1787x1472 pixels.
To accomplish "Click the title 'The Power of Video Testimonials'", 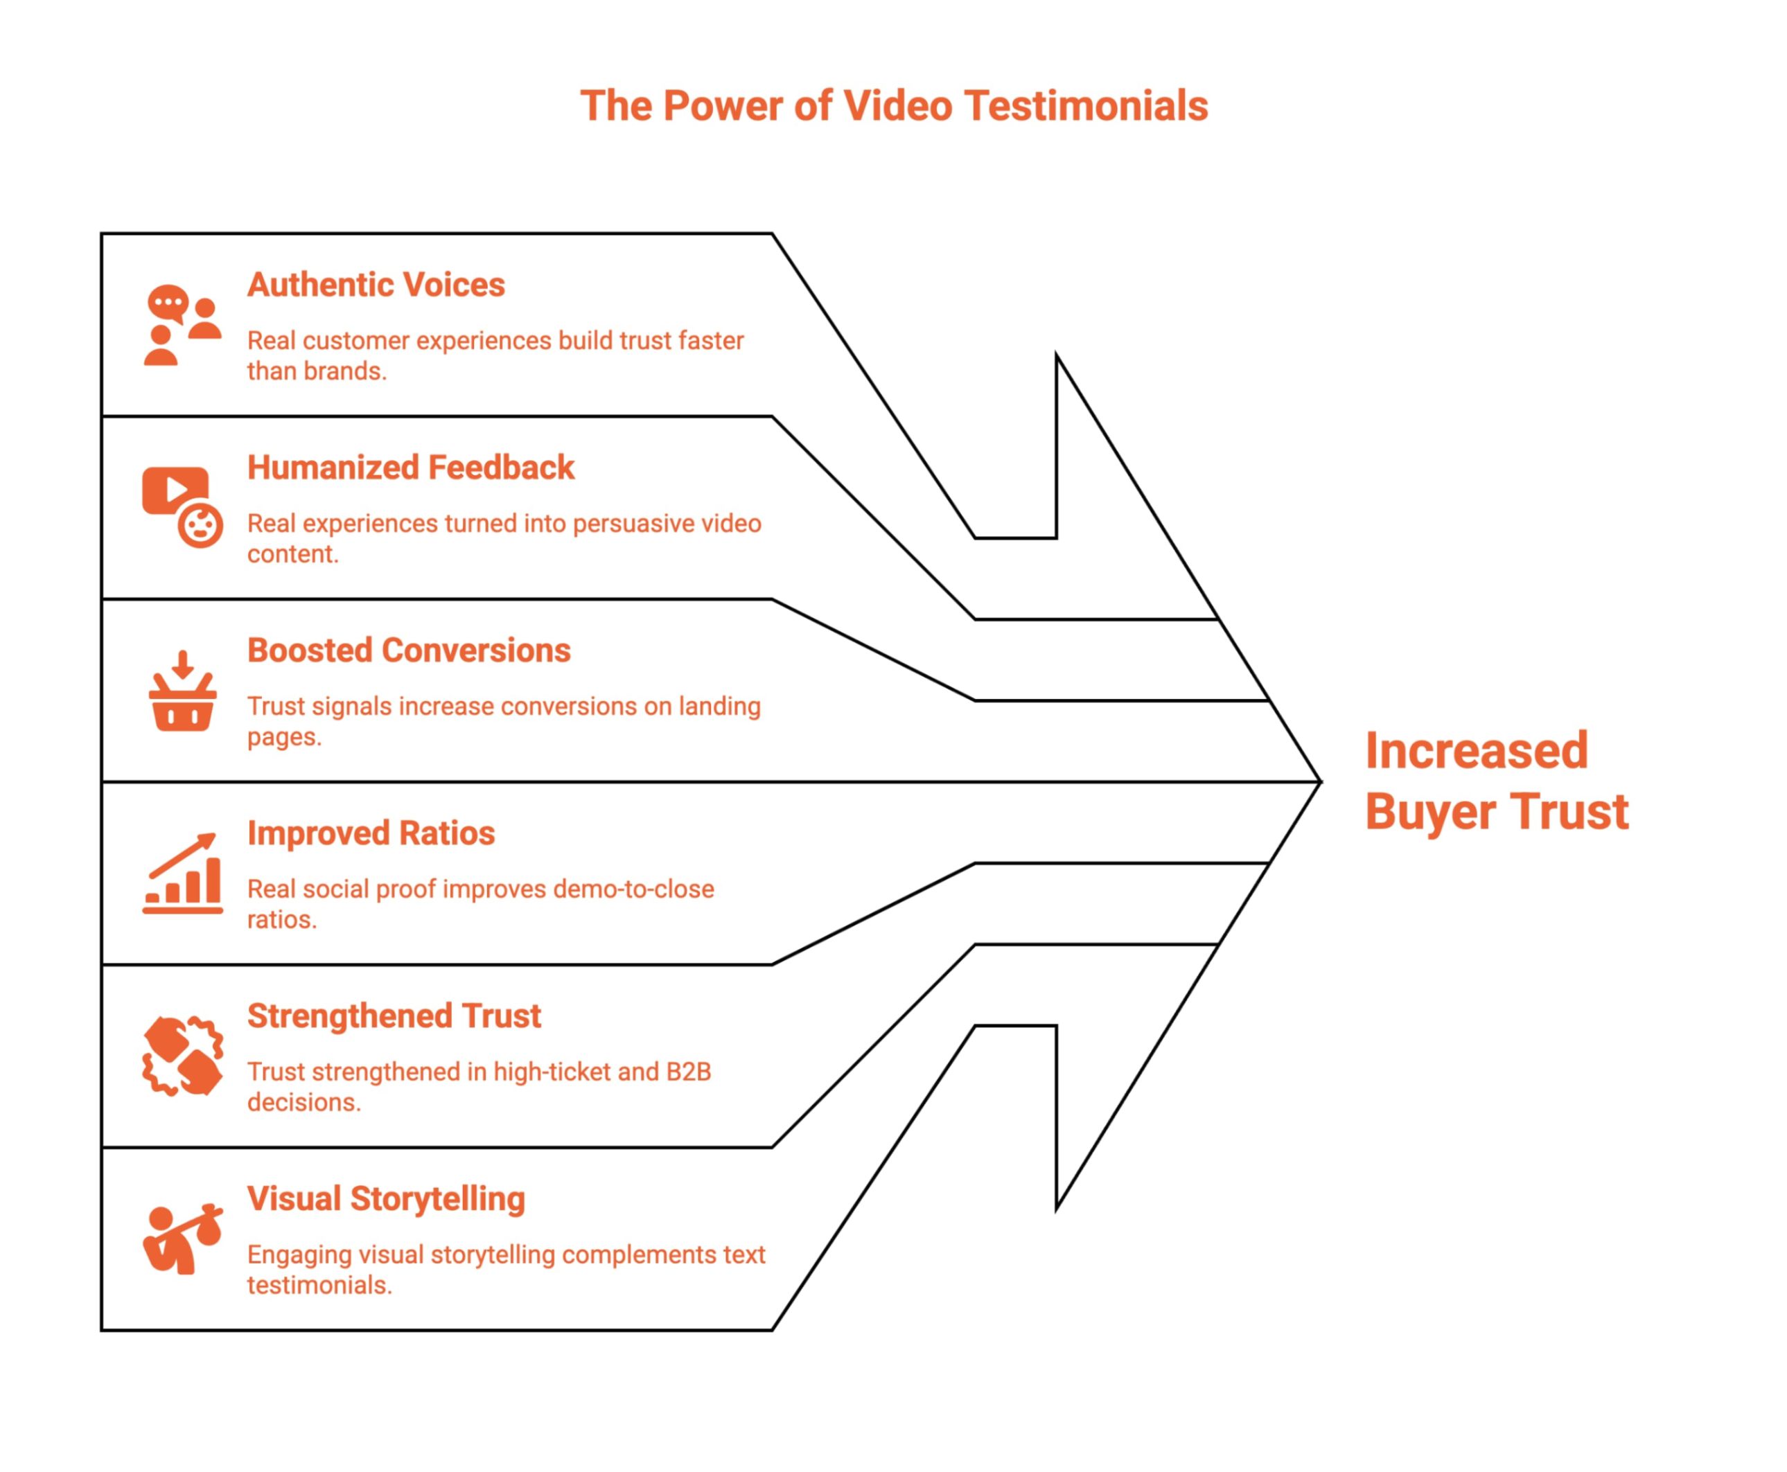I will tap(893, 107).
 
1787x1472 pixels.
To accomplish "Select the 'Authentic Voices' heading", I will tap(376, 285).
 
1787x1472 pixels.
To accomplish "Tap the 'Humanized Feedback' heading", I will tap(410, 467).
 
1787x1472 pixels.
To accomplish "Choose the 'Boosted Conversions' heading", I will tap(409, 650).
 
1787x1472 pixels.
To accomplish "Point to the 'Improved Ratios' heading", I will tap(371, 833).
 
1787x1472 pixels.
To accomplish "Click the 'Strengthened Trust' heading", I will tap(394, 1016).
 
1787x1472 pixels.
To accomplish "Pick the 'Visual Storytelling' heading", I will tap(386, 1199).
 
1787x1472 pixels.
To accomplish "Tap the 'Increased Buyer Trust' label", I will tap(1495, 781).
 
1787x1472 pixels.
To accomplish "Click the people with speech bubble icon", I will tap(182, 326).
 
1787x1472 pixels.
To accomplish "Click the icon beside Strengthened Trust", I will tap(182, 1056).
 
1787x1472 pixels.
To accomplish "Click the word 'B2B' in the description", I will tap(688, 1072).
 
